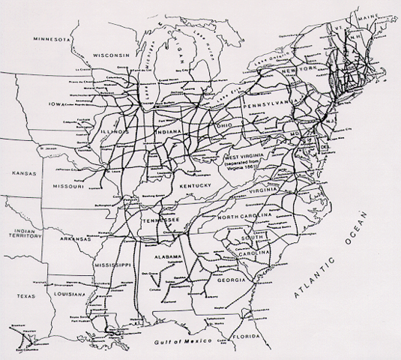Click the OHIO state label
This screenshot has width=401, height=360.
tap(222, 124)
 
